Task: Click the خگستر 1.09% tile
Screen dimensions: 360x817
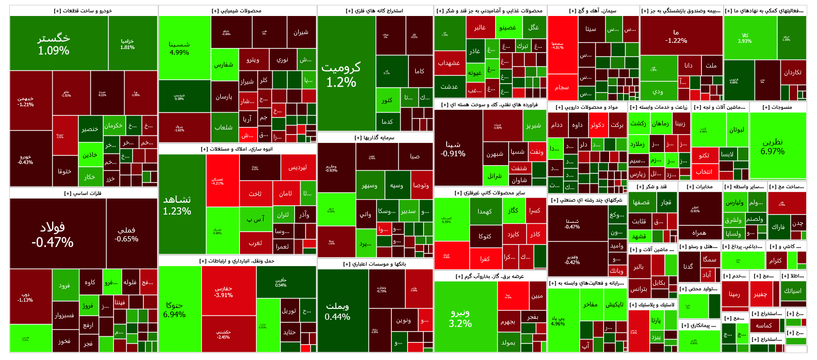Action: point(54,44)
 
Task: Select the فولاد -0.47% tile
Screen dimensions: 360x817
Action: point(53,234)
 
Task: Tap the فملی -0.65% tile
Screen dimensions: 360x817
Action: point(126,234)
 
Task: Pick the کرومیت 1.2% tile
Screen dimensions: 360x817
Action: point(341,74)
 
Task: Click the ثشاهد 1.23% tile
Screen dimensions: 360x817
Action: point(177,205)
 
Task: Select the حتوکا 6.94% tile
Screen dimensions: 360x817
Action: point(174,309)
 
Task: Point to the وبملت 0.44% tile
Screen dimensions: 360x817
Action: point(337,311)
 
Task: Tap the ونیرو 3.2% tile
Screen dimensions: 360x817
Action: point(460,318)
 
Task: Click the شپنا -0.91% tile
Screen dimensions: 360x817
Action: point(453,149)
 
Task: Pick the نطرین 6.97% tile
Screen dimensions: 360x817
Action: point(773,146)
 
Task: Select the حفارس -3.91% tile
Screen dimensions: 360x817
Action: point(223,291)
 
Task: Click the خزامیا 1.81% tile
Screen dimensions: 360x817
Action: point(127,43)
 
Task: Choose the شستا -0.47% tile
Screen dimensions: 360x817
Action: point(572,223)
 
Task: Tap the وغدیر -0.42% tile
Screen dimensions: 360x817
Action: point(572,259)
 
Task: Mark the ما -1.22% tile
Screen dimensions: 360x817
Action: point(676,36)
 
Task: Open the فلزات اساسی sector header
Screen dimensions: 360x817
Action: point(83,193)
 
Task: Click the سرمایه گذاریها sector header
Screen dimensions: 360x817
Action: point(375,138)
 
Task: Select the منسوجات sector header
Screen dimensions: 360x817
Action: point(778,107)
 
